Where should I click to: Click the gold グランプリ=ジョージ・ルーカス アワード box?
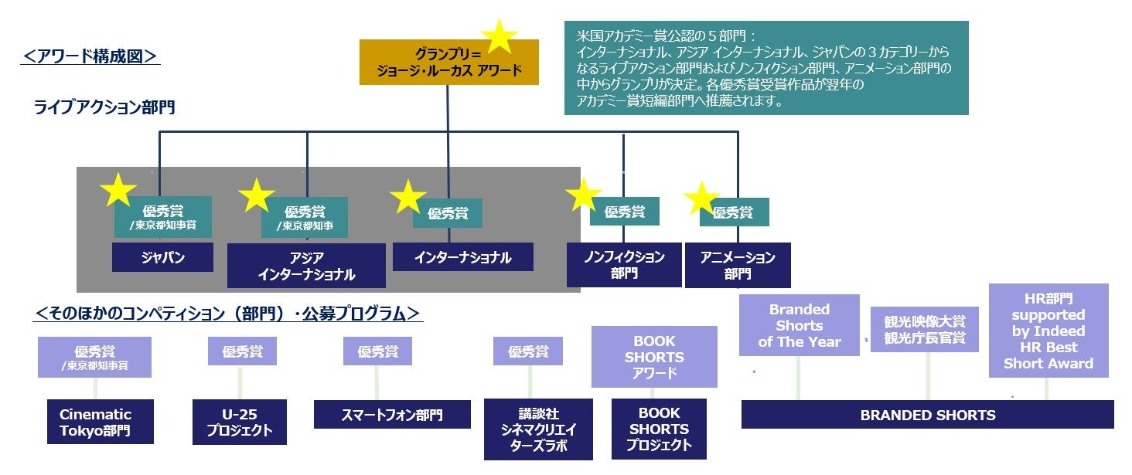pyautogui.click(x=448, y=63)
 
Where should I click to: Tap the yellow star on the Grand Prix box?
pyautogui.click(x=500, y=36)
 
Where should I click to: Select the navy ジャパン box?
pyautogui.click(x=162, y=258)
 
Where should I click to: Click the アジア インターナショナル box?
pyautogui.click(x=306, y=266)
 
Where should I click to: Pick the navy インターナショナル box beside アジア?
pyautogui.click(x=462, y=257)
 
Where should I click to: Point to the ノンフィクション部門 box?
pyautogui.click(x=623, y=265)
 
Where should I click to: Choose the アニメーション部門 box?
pyautogui.click(x=737, y=265)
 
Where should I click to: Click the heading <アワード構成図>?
pyautogui.click(x=90, y=56)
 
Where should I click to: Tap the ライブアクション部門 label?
pyautogui.click(x=104, y=107)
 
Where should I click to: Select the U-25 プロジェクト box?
pyautogui.click(x=239, y=422)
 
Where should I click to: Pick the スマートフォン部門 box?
pyautogui.click(x=392, y=415)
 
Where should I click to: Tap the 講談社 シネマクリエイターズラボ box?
pyautogui.click(x=537, y=429)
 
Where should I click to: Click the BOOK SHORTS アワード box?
pyautogui.click(x=653, y=357)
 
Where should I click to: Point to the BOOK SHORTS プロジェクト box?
pyautogui.click(x=658, y=429)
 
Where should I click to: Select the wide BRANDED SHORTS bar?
pyautogui.click(x=927, y=415)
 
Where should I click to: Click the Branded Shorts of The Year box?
pyautogui.click(x=799, y=325)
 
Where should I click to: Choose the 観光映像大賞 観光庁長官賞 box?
pyautogui.click(x=924, y=330)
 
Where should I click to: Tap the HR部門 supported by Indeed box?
pyautogui.click(x=1048, y=331)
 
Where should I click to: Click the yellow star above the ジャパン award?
pyautogui.click(x=118, y=190)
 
